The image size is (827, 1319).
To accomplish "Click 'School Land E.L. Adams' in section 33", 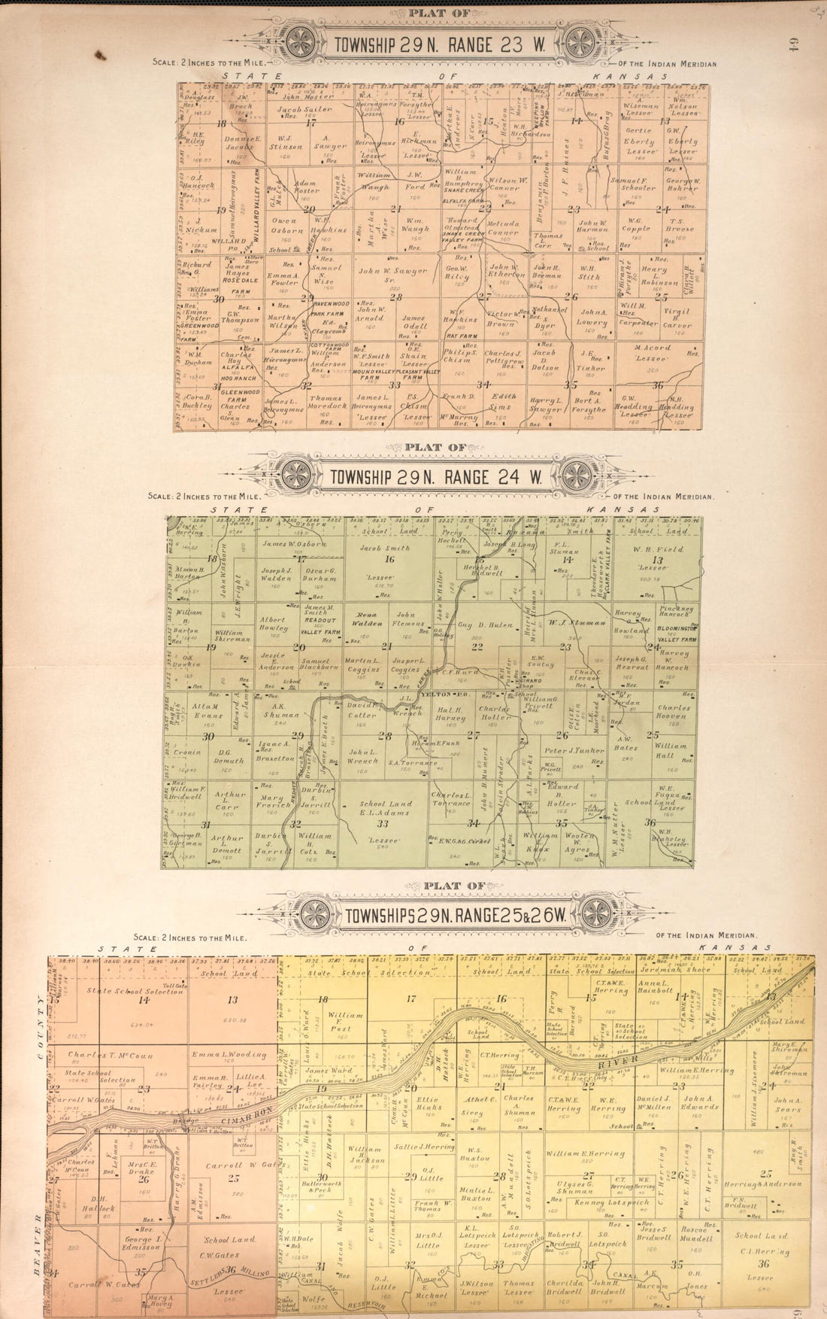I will coord(386,807).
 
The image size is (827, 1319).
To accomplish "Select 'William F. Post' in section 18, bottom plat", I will coord(340,1021).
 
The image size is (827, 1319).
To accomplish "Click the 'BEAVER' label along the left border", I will coord(37,1234).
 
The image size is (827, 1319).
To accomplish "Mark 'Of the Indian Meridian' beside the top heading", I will coord(665,64).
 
